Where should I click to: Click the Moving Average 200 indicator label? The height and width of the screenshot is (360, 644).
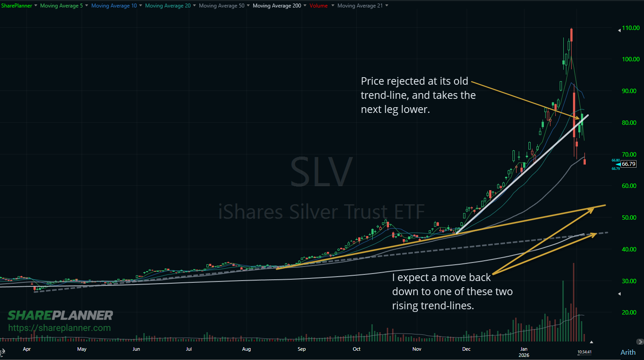click(277, 6)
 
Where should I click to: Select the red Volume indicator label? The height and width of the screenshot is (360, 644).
click(318, 6)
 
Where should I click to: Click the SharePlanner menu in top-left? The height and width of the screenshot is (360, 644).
click(16, 6)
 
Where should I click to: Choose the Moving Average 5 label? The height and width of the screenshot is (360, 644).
click(61, 6)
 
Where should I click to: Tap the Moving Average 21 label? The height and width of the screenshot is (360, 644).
click(360, 6)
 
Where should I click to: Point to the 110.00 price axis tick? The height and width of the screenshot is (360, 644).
click(630, 28)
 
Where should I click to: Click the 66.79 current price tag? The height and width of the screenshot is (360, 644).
click(629, 164)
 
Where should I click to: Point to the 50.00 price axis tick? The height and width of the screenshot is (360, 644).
click(629, 217)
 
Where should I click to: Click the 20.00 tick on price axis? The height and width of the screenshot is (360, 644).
click(629, 312)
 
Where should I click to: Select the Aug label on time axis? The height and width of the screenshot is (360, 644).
click(246, 349)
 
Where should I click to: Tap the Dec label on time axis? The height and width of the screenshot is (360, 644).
click(466, 349)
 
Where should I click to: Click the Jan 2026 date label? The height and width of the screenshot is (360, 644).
click(524, 352)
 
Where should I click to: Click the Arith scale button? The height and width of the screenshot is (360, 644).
click(628, 352)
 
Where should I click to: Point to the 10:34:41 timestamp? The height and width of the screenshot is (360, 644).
click(584, 352)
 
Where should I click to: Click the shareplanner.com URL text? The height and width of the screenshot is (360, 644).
click(60, 328)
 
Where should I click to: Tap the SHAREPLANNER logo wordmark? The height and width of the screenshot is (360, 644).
click(60, 315)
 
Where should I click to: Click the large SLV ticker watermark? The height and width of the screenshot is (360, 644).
click(321, 172)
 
